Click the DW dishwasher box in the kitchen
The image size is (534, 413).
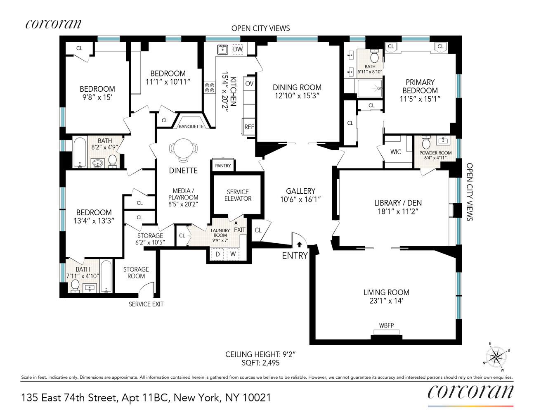coord(238,49)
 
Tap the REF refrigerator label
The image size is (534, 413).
coord(249,127)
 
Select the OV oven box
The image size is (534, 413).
coord(249,83)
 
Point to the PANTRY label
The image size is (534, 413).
coord(223,166)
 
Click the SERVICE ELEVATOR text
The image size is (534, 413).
coord(238,195)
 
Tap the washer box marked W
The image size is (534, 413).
coord(233,254)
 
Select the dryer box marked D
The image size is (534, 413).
coord(218,254)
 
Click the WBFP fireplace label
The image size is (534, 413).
coord(386,325)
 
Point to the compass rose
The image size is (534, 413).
coord(496,356)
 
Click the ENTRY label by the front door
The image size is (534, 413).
coord(295,256)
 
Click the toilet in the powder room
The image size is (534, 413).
coord(426,144)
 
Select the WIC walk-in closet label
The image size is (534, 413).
coord(396,152)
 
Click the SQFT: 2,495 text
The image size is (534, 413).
coord(260,363)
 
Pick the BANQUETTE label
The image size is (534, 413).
coord(191,126)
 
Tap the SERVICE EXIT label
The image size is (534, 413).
coord(146,304)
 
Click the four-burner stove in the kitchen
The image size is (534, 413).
coord(210,88)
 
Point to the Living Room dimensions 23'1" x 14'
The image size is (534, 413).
coord(386,301)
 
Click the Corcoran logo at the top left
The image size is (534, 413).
coord(53,24)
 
